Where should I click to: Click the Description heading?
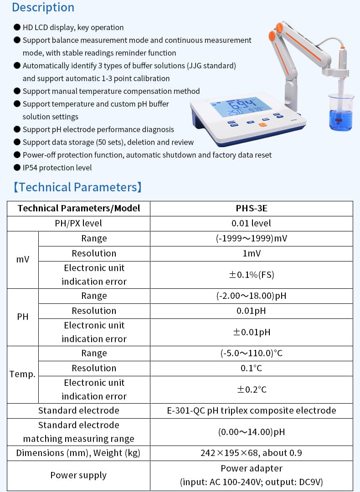43,8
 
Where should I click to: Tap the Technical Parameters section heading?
77,187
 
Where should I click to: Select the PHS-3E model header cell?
251,209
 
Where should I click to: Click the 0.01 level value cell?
251,223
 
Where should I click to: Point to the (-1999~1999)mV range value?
251,239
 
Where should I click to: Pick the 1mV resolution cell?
251,253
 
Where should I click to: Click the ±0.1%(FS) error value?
251,275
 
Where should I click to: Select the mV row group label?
23,260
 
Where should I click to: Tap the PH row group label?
23,317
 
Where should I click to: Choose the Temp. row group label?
23,374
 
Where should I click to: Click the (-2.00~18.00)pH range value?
251,296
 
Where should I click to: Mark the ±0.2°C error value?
251,389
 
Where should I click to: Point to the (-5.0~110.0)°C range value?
251,354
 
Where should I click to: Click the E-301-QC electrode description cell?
251,410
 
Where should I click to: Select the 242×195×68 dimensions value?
251,453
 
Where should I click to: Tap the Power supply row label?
78,476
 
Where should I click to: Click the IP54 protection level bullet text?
57,168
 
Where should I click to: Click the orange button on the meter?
263,124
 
